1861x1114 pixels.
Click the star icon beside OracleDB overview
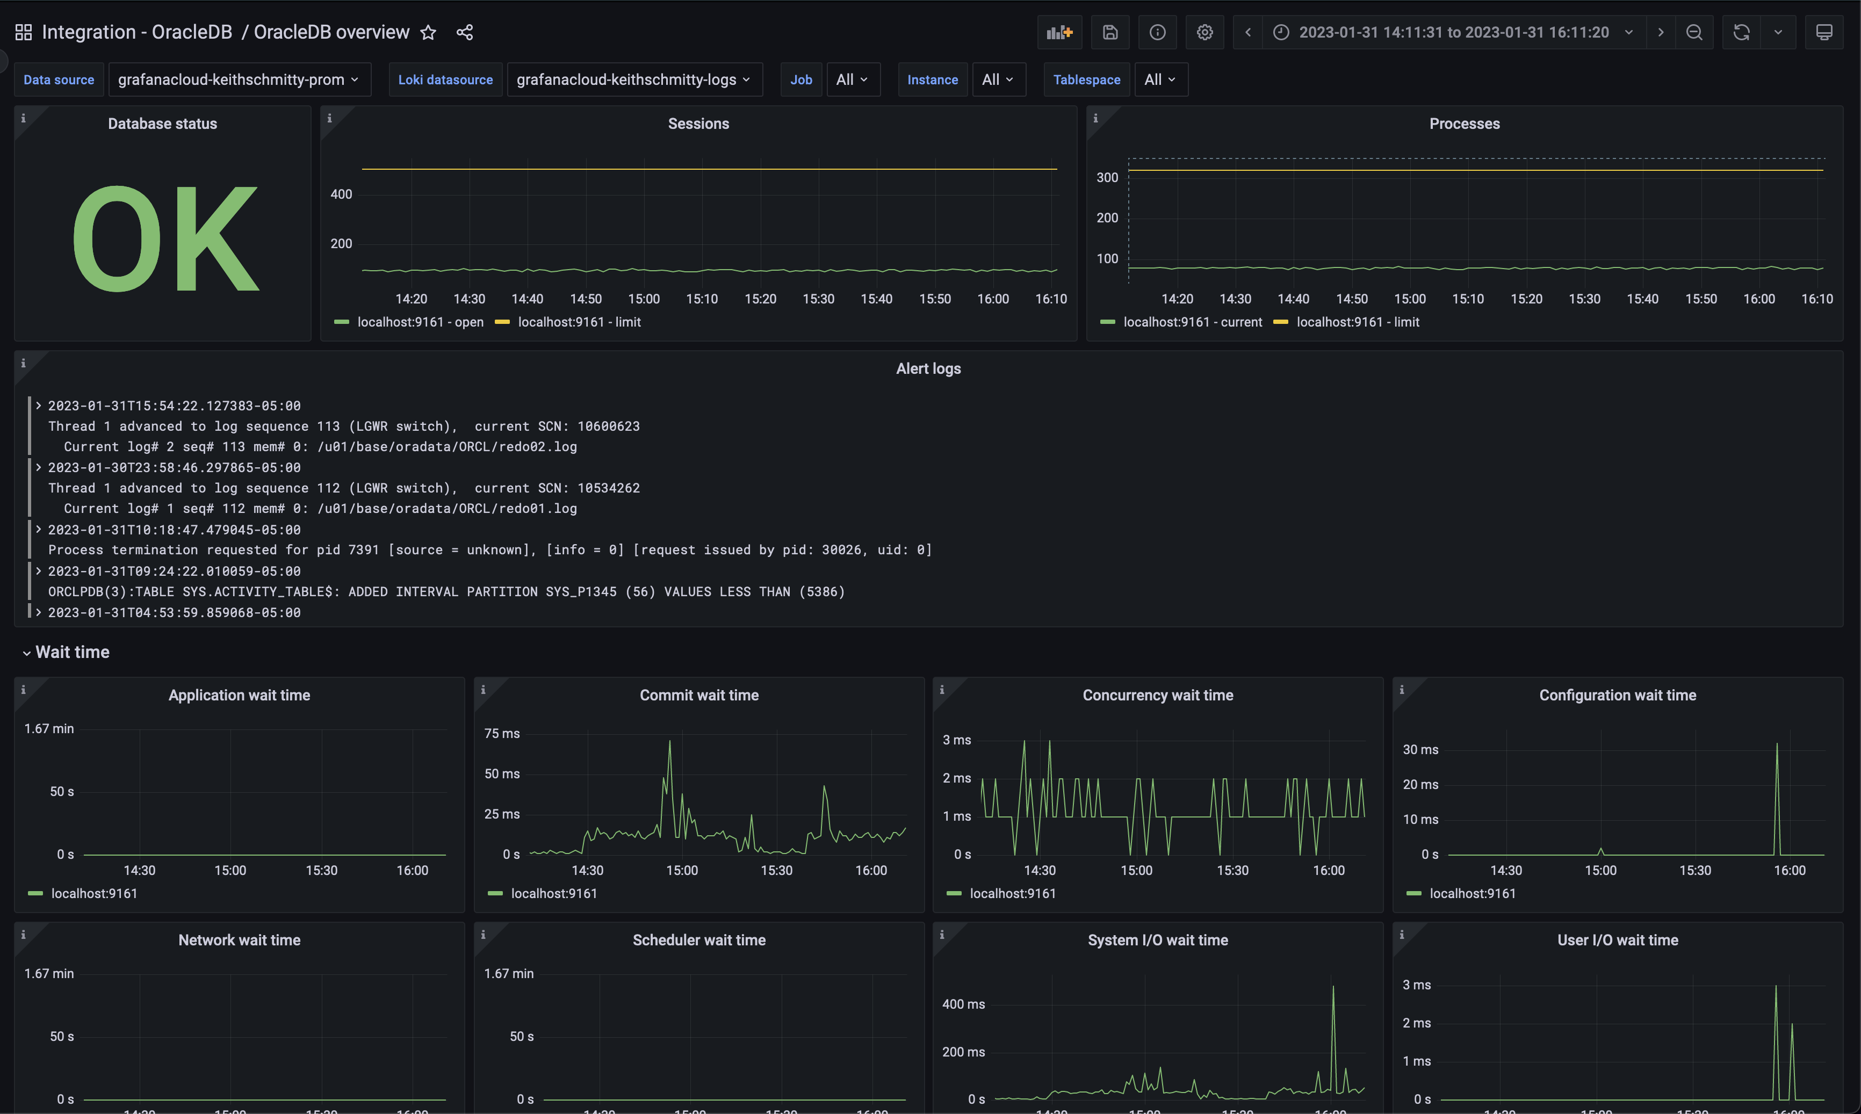(x=428, y=32)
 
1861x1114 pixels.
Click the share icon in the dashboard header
(x=465, y=32)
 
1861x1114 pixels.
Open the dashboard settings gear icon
(x=1204, y=32)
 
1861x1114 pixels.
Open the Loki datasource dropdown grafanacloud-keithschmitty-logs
(x=633, y=79)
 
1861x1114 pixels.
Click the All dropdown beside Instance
(x=998, y=79)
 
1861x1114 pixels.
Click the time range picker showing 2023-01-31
(x=1453, y=32)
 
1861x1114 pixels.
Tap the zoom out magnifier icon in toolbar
(x=1693, y=32)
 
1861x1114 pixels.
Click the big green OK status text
(x=165, y=238)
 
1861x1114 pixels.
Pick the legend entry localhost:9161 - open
(x=420, y=322)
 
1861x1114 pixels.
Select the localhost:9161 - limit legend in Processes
(x=1357, y=322)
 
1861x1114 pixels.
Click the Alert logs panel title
(x=928, y=368)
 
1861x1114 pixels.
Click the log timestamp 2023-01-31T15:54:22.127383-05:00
(x=174, y=406)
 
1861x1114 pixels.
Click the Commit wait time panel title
(x=698, y=695)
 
